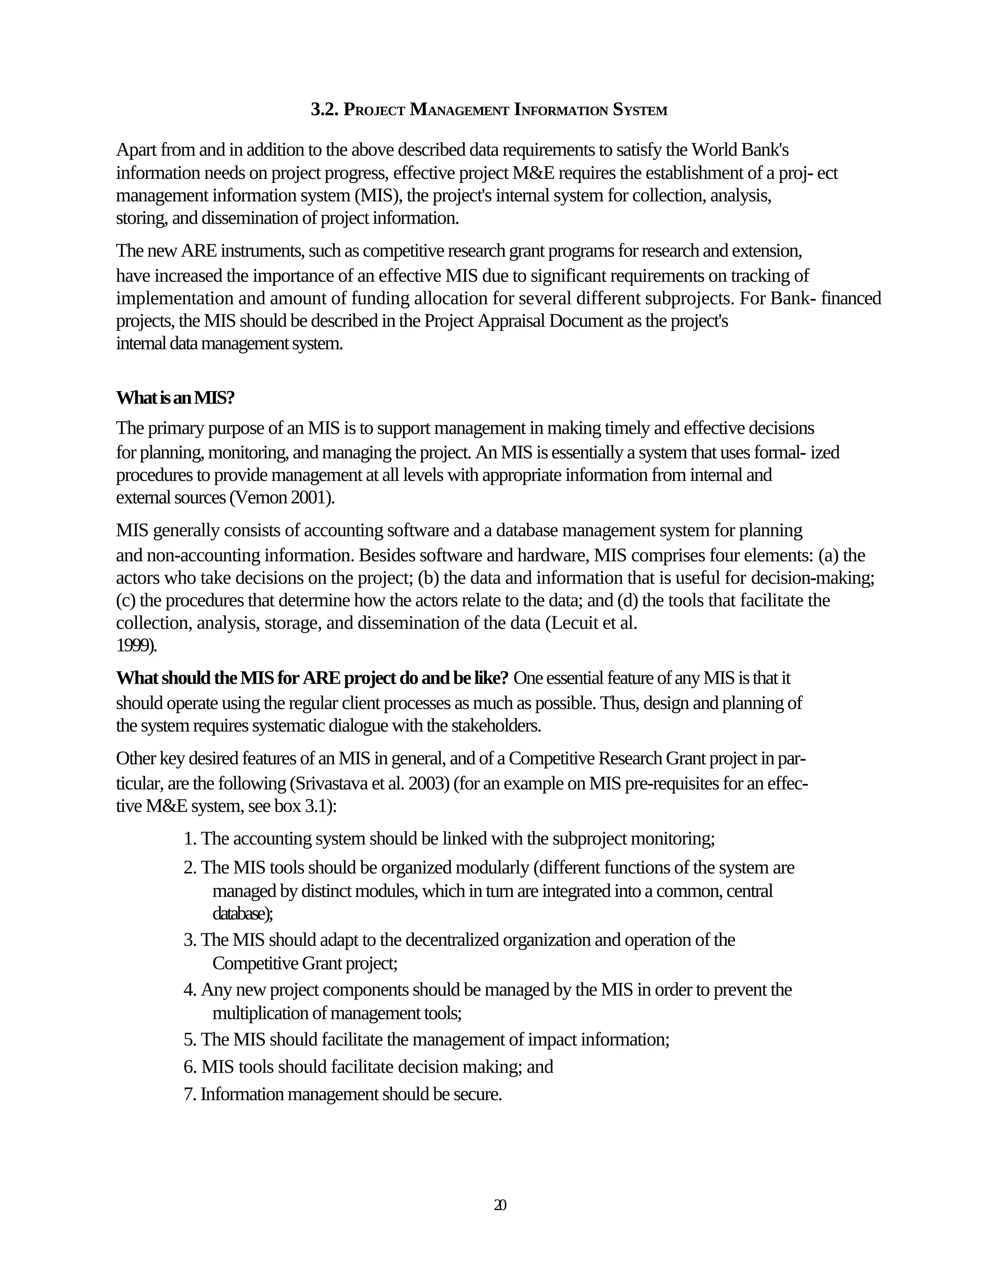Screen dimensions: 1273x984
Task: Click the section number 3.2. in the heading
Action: pyautogui.click(x=325, y=110)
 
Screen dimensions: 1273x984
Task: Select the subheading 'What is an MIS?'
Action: pyautogui.click(x=175, y=398)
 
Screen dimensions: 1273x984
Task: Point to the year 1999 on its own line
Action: pyautogui.click(x=136, y=646)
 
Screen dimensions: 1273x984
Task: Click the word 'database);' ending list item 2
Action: pyautogui.click(x=243, y=914)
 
